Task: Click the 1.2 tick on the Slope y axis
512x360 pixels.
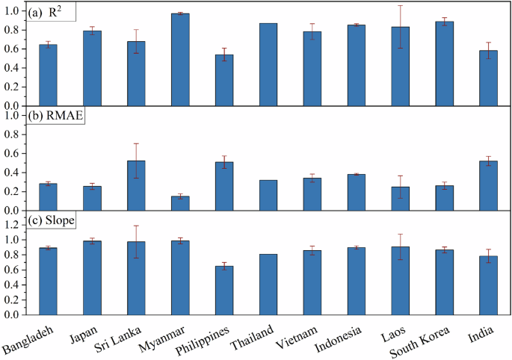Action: click(13, 224)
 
